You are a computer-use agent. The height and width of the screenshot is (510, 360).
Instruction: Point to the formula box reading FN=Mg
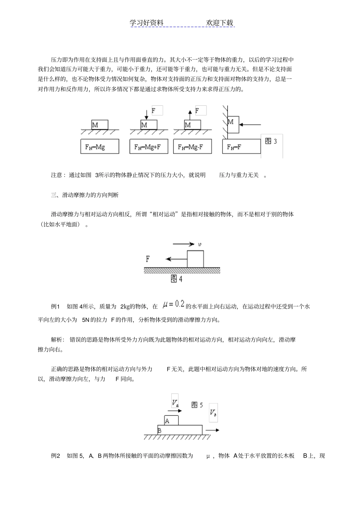pos(100,146)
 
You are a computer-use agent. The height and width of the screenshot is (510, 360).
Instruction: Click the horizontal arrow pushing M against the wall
pos(250,124)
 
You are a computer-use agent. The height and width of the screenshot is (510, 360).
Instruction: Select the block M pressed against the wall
pos(233,125)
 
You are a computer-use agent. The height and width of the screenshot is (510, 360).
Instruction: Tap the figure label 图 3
pos(271,141)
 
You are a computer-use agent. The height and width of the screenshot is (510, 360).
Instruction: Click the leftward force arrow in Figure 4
pos(176,259)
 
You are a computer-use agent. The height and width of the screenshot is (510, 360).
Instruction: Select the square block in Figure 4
pos(195,259)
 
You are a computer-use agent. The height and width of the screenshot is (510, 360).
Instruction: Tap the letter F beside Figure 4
pos(148,259)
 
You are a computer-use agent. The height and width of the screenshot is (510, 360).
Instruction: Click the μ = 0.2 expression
pos(173,304)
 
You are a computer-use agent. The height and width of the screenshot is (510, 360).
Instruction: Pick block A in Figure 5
pos(171,420)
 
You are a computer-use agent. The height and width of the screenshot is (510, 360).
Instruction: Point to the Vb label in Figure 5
pos(213,413)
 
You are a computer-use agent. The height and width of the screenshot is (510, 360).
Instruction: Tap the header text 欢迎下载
pos(219,23)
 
